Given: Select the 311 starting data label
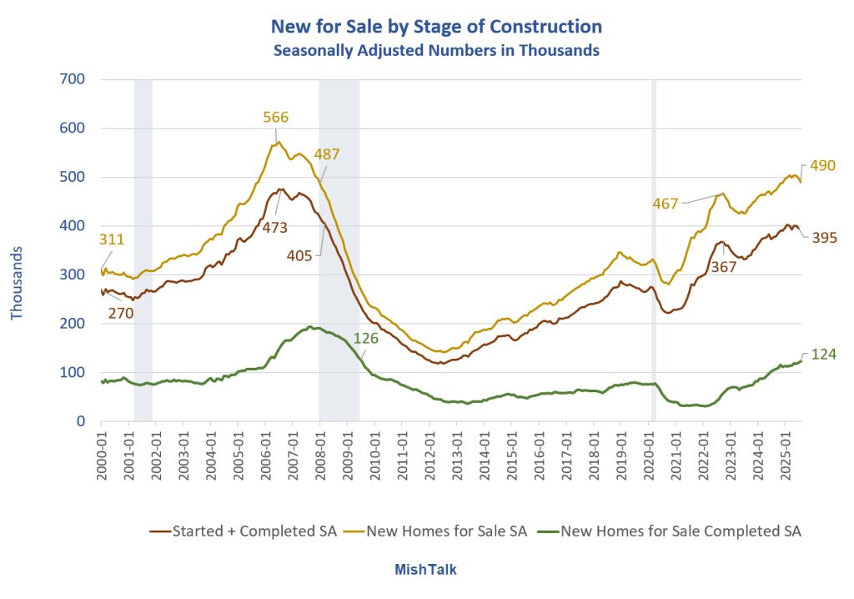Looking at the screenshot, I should coord(113,240).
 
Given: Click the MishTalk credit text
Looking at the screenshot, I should coord(425,570).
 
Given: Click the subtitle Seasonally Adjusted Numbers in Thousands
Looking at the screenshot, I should coord(436,50).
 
